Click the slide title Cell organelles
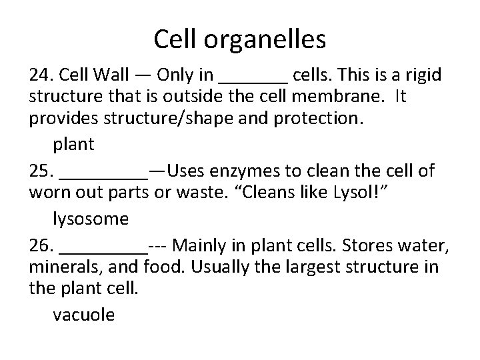coord(239,40)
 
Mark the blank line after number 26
coord(103,251)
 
